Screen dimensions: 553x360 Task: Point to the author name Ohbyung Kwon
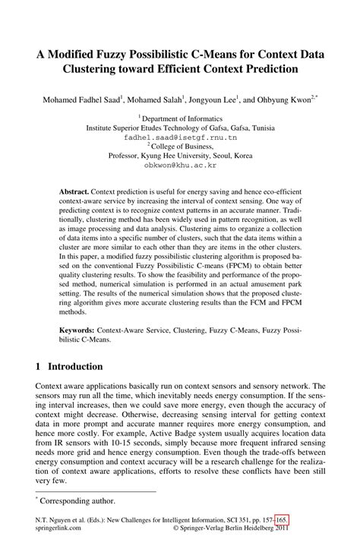coord(285,100)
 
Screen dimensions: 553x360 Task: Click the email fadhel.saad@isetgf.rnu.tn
coord(180,139)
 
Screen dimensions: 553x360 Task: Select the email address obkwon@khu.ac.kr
coord(180,164)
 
